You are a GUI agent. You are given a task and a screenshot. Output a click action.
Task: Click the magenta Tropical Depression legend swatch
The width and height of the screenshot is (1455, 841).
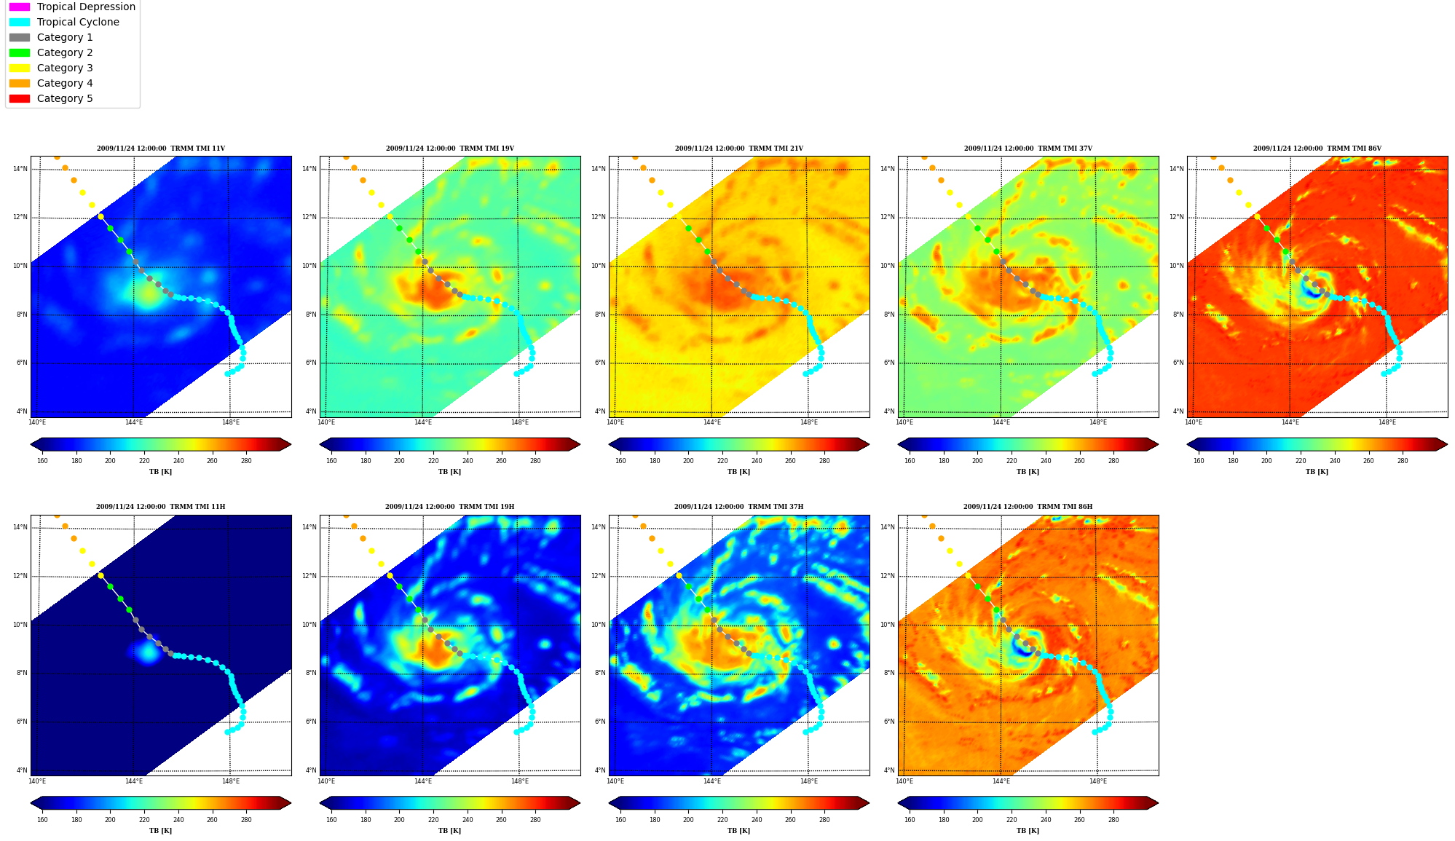click(20, 7)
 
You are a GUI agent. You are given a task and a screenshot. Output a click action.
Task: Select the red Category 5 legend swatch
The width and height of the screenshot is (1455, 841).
click(20, 98)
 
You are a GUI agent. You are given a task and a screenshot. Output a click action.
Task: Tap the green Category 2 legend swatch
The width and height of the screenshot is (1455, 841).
click(20, 52)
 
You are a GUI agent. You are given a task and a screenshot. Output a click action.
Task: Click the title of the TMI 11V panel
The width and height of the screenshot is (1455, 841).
click(161, 149)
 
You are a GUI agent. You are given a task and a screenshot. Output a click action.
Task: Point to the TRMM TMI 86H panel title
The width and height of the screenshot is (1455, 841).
click(1028, 507)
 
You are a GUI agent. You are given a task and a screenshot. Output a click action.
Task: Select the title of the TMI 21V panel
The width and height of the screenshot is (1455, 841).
click(739, 149)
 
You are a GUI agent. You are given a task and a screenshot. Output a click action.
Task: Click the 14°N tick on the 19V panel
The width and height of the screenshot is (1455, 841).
click(310, 169)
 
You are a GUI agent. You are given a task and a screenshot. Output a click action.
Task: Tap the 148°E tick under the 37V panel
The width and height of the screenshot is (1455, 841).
click(1097, 422)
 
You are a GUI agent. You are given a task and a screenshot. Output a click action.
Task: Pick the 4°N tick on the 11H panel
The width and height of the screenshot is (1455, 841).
click(23, 770)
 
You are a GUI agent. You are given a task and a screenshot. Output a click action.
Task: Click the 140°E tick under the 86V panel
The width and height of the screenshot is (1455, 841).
click(1194, 422)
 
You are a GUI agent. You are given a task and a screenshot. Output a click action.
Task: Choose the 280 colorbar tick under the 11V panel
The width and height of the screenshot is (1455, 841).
click(246, 461)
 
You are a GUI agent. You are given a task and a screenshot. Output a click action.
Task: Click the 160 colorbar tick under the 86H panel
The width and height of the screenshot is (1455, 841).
click(910, 820)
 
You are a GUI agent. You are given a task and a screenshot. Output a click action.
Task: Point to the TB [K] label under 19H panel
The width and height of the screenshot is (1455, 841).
click(449, 831)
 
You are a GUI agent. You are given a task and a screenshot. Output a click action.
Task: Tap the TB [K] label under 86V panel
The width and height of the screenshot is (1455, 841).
click(1317, 472)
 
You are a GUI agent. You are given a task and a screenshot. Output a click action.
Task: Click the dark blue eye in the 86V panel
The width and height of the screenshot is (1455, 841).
click(1311, 291)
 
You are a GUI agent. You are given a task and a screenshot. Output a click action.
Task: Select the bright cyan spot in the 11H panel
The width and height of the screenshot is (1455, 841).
click(149, 652)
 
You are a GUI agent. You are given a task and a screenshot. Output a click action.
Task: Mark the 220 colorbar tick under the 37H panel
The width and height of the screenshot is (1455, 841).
click(722, 820)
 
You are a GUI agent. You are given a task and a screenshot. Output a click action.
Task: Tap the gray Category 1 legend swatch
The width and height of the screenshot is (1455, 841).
click(20, 37)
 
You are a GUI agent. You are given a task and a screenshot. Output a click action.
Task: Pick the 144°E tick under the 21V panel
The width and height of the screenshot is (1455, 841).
click(712, 422)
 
